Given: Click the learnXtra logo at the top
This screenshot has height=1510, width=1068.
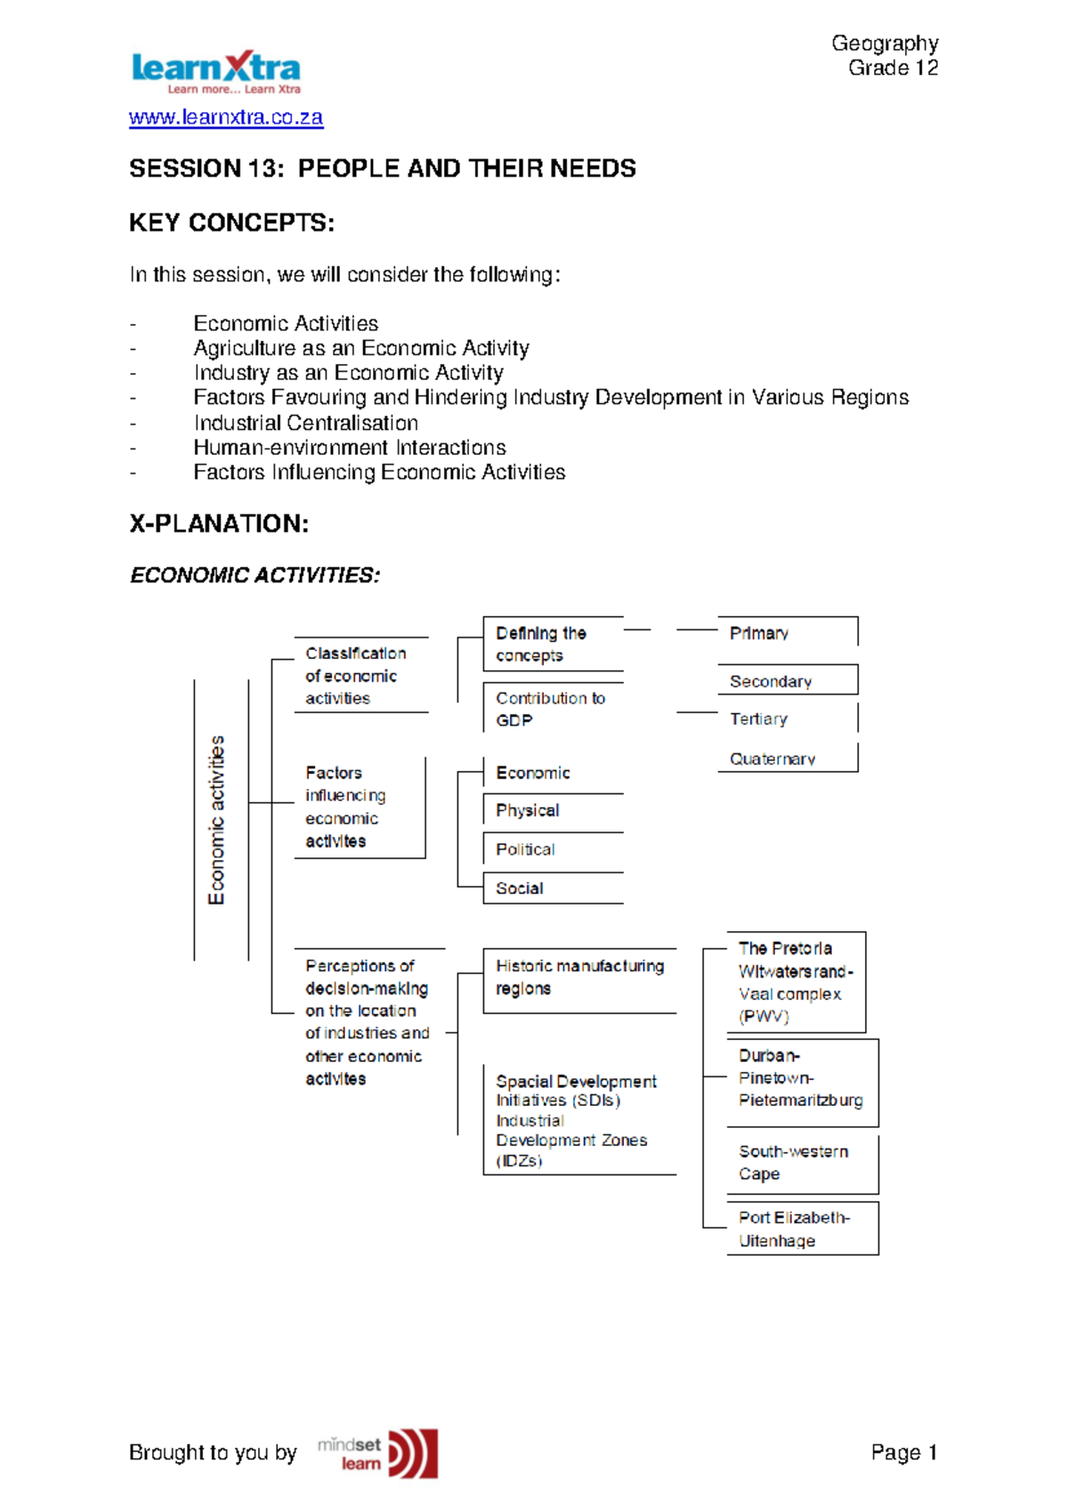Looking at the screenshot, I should click(215, 71).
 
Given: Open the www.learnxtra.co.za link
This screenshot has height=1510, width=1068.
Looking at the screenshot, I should click(226, 118).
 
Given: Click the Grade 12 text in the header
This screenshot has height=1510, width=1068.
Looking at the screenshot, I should click(893, 68).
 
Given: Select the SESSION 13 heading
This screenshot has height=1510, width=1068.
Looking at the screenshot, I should click(382, 168).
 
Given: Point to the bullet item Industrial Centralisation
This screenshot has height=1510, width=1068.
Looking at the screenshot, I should click(305, 423).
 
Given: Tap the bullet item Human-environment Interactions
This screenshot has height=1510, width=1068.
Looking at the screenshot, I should click(349, 447).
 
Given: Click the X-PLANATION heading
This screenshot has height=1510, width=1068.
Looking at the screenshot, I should click(219, 524).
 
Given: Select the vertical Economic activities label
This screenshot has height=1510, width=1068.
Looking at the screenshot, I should click(216, 820).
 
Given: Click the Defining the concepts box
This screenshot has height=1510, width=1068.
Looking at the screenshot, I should click(552, 644).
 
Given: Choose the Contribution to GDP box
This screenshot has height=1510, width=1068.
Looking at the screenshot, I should click(552, 710).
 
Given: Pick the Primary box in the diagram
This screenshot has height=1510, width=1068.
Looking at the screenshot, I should click(787, 633).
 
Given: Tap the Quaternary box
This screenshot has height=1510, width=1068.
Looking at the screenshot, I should click(787, 759).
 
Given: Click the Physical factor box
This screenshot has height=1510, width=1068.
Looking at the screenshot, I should click(552, 810).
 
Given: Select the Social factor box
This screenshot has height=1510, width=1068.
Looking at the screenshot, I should click(552, 889).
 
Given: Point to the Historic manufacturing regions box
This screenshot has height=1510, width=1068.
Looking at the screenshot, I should click(578, 978).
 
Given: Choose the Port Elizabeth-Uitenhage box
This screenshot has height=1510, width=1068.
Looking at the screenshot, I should click(801, 1229).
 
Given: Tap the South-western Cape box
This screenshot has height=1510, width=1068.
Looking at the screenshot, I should click(801, 1163).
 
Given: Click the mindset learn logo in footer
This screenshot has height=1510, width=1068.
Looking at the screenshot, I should click(378, 1453).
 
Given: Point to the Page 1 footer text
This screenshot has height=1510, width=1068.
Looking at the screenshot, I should click(903, 1453).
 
